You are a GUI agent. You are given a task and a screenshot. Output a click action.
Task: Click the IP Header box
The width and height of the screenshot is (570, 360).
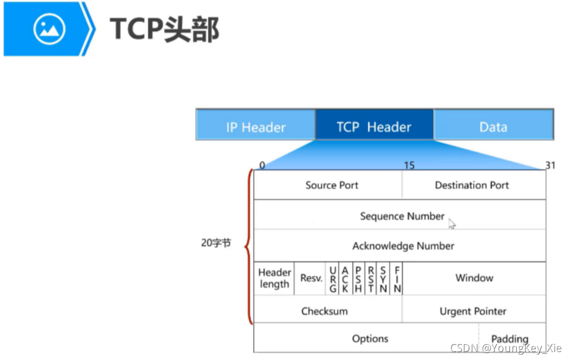tap(255, 126)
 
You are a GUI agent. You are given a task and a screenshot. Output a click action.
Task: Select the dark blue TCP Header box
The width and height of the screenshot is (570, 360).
tap(374, 126)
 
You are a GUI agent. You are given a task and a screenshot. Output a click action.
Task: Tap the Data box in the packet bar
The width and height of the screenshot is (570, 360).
tap(493, 126)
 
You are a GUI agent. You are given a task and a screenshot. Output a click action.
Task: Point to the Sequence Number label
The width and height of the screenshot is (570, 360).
tap(402, 216)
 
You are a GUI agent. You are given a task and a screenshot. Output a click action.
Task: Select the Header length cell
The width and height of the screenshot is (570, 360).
tap(275, 278)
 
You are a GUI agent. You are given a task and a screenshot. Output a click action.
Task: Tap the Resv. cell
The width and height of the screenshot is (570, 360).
tap(311, 278)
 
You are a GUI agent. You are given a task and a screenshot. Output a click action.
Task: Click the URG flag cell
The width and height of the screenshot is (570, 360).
tap(333, 278)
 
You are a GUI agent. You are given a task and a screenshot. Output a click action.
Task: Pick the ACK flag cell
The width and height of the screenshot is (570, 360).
tap(345, 278)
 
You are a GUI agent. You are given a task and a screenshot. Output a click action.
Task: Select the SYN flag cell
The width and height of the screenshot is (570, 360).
tap(384, 278)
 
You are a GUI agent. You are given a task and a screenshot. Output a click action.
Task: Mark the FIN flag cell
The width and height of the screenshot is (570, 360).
tap(397, 278)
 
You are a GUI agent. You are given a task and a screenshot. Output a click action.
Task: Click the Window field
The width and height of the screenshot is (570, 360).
tap(474, 278)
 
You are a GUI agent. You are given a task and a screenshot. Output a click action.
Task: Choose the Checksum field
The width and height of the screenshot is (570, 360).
tap(325, 311)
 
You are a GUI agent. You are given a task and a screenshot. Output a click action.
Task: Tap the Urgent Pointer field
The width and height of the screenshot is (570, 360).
tap(473, 311)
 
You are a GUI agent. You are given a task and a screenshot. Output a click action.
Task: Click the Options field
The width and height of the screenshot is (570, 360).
tap(370, 338)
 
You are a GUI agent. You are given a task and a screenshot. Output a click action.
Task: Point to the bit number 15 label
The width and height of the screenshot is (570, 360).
tap(409, 165)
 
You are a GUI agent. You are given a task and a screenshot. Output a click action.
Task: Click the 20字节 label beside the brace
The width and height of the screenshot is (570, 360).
tap(216, 243)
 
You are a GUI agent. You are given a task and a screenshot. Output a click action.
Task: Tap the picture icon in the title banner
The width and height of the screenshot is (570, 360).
tap(50, 28)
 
